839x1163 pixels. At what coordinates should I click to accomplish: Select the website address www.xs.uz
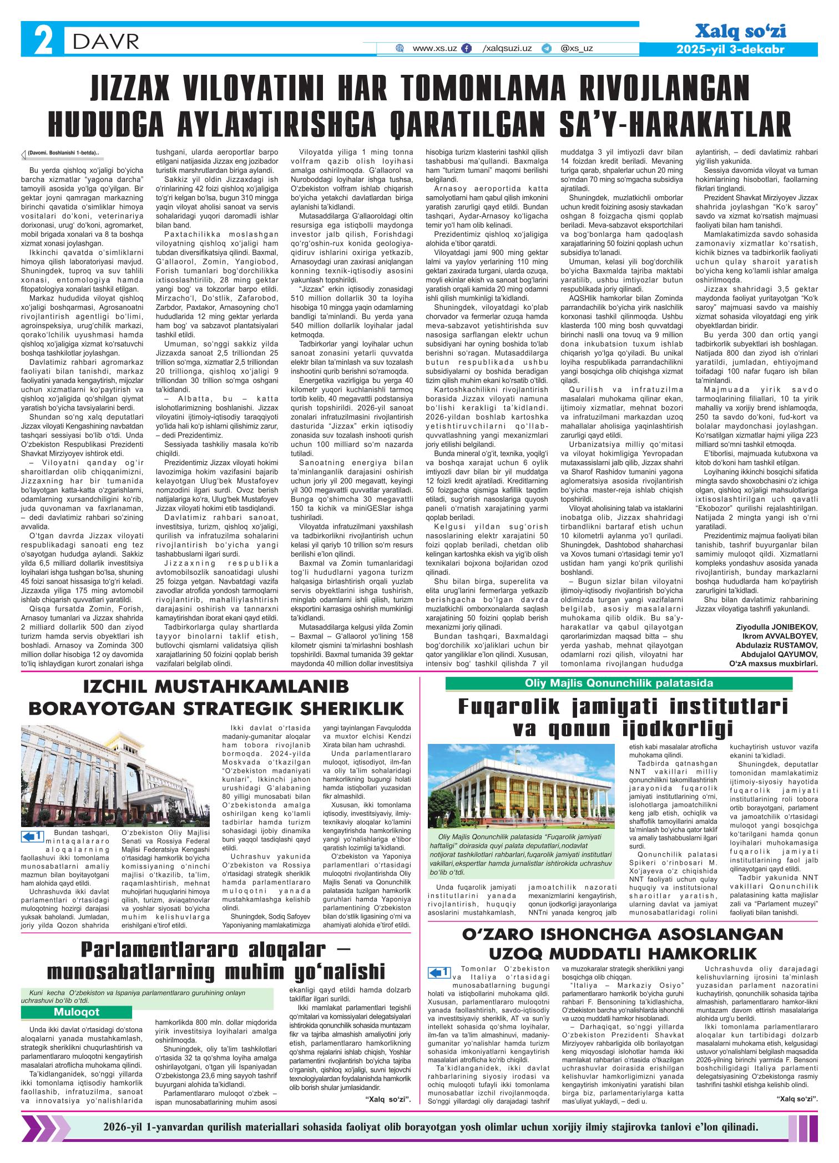coord(434,49)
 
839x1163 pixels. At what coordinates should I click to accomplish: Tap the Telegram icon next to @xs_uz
coord(547,49)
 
